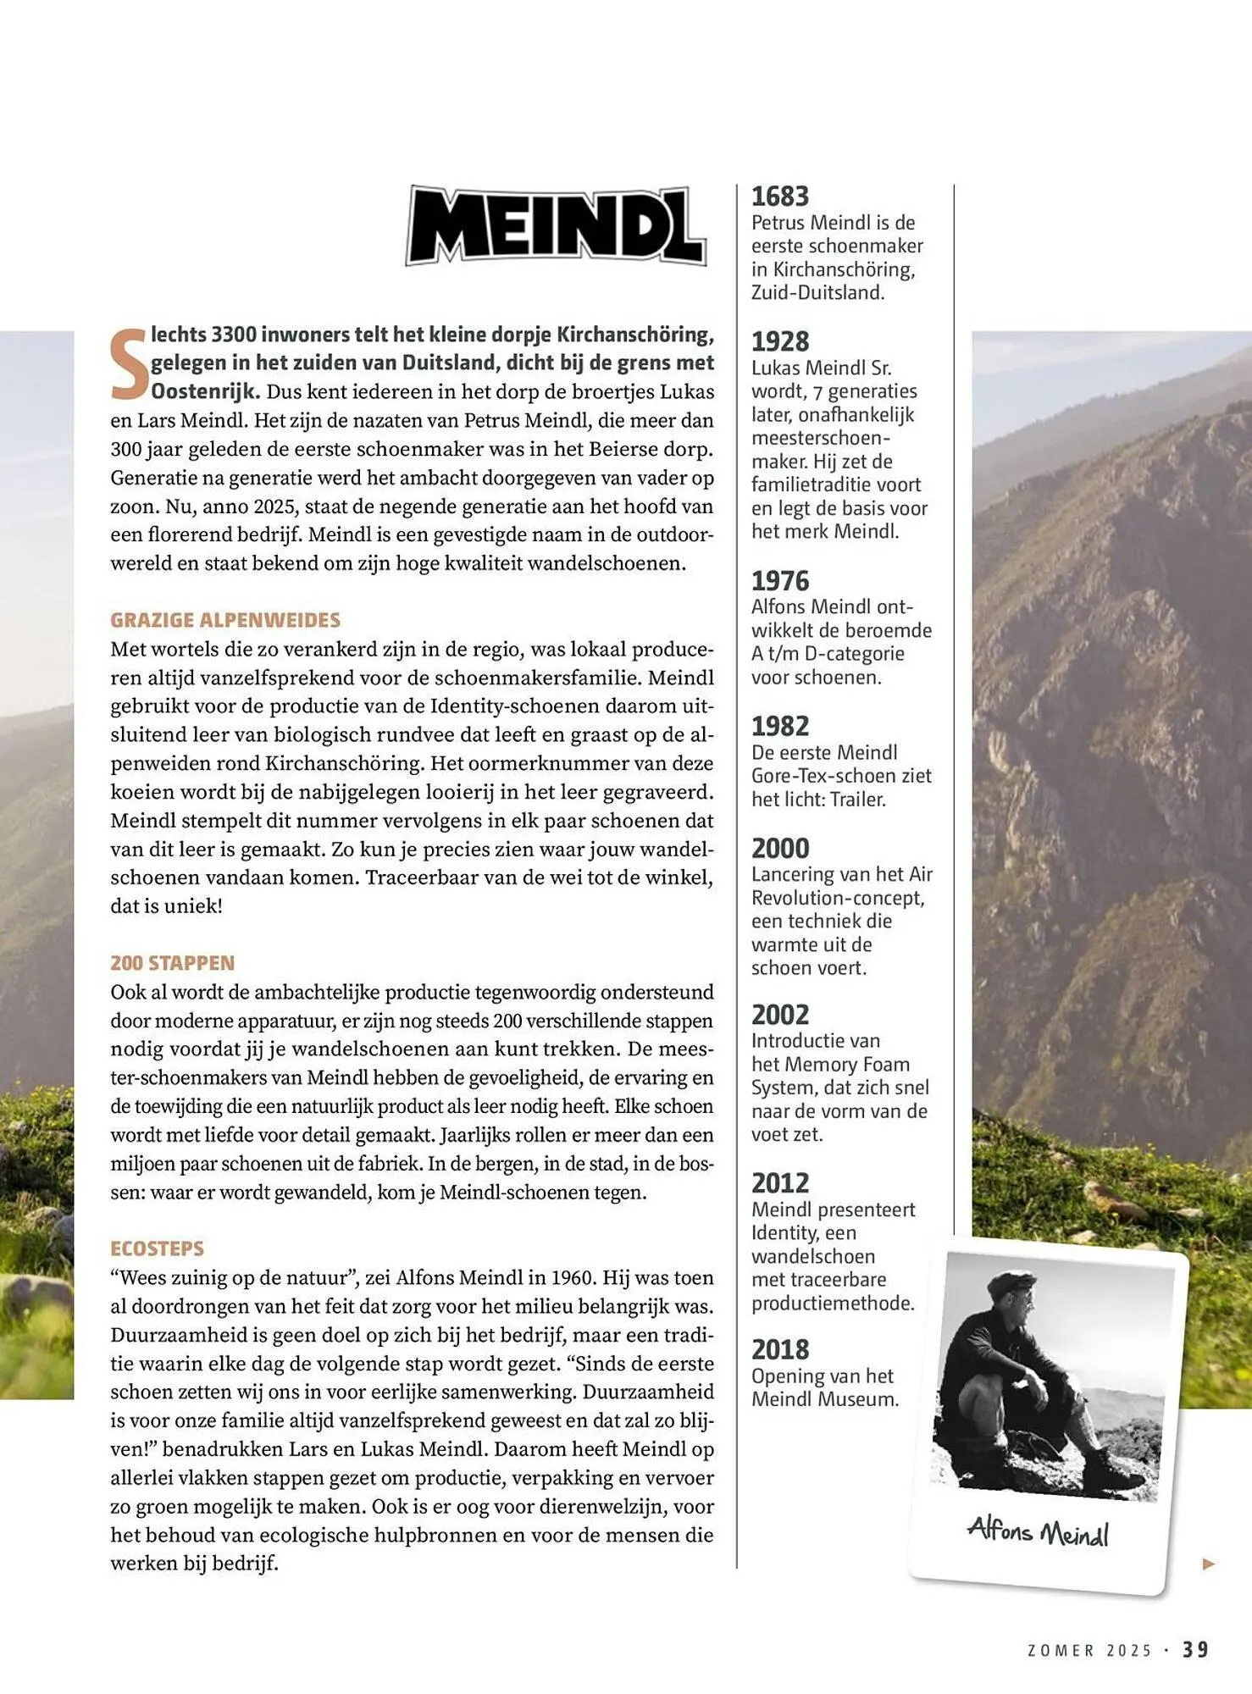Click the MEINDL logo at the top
[x=556, y=225]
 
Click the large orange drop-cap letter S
[x=129, y=363]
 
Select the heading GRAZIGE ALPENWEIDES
[x=225, y=620]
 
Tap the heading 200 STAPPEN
[x=172, y=963]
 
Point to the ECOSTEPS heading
[x=157, y=1248]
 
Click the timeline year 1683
[x=780, y=197]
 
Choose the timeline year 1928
[x=780, y=341]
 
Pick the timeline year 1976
[x=780, y=581]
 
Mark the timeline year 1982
[x=780, y=726]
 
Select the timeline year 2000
[x=780, y=848]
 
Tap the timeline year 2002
[x=780, y=1015]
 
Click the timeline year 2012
[x=780, y=1183]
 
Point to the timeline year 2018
[x=780, y=1349]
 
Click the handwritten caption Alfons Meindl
[x=1038, y=1531]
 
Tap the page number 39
[x=1196, y=1649]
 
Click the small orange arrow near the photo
[x=1209, y=1564]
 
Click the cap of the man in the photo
[x=1011, y=1282]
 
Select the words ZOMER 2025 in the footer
[x=1089, y=1650]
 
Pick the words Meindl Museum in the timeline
[x=824, y=1399]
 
